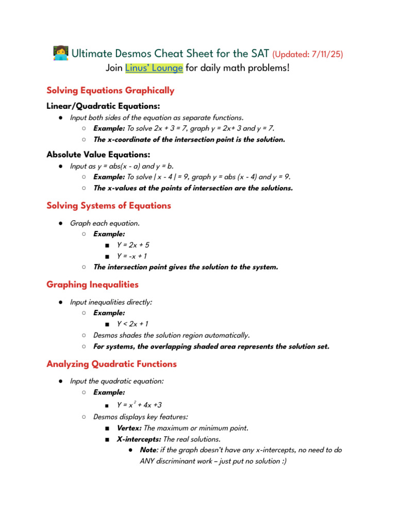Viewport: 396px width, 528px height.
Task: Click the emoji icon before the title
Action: [x=60, y=53]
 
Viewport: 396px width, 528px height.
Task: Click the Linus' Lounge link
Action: [x=154, y=68]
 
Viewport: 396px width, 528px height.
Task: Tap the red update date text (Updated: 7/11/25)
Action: [x=307, y=54]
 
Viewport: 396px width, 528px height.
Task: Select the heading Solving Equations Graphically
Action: [x=110, y=91]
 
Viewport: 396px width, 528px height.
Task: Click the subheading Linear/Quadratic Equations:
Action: [x=96, y=106]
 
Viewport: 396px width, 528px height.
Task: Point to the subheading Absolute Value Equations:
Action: [x=98, y=155]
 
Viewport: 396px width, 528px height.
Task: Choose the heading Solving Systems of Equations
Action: [x=109, y=206]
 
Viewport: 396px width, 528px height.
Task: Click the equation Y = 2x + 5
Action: [x=133, y=245]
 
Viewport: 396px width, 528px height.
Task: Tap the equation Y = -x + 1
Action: [x=132, y=256]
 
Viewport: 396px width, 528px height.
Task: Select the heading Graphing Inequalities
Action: [x=92, y=285]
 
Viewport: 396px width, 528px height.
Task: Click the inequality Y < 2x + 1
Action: [x=133, y=324]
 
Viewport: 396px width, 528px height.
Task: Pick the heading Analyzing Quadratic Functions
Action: [x=111, y=364]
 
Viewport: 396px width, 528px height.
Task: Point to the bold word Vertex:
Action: [x=129, y=428]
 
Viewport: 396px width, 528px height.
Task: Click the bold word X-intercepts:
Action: [x=139, y=439]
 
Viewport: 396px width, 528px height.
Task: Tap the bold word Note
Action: [x=149, y=450]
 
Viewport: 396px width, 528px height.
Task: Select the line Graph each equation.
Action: [x=105, y=223]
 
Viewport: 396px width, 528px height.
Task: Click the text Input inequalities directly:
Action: [x=111, y=302]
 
